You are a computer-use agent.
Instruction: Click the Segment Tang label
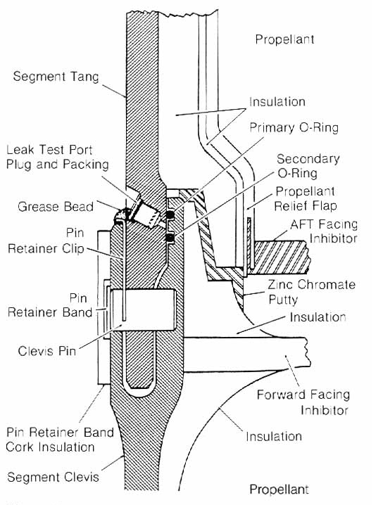[56, 77]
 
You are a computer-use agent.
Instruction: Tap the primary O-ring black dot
[169, 215]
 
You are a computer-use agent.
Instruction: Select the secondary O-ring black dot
[170, 238]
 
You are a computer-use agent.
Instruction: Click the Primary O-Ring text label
[294, 127]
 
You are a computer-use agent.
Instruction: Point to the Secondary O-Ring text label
[308, 166]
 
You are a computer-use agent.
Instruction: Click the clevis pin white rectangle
[143, 309]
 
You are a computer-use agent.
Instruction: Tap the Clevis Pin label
[46, 350]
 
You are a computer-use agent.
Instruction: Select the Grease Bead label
[56, 207]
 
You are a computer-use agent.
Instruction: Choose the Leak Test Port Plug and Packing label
[58, 157]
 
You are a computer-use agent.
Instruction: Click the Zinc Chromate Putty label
[311, 292]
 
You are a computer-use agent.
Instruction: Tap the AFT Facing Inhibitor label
[324, 231]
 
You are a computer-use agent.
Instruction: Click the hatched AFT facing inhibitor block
[280, 257]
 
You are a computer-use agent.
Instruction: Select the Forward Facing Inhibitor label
[303, 402]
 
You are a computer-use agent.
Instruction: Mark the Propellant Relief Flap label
[305, 198]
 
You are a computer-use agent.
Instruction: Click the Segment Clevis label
[53, 477]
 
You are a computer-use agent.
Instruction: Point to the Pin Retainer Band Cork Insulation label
[60, 440]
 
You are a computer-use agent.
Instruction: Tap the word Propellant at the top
[284, 39]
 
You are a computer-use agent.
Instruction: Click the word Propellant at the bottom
[280, 490]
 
